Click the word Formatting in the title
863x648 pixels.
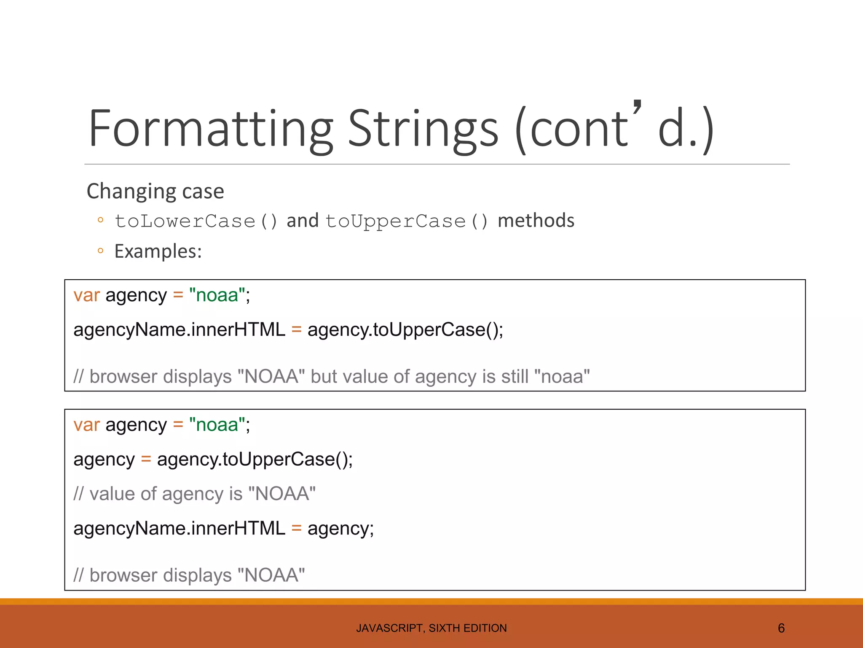point(211,129)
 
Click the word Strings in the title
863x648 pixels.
point(423,129)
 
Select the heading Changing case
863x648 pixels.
point(155,191)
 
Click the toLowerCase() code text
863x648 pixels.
point(196,221)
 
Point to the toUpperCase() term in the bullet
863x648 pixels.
point(407,221)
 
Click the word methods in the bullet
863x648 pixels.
point(536,221)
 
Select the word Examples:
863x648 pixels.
point(158,251)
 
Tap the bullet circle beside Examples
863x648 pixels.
point(100,251)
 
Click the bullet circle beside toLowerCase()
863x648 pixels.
point(100,220)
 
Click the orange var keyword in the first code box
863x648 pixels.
point(86,295)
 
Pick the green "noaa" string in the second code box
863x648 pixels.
point(217,425)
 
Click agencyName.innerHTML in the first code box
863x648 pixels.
point(179,329)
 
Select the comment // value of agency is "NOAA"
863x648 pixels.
point(194,494)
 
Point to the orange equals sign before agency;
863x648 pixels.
point(297,528)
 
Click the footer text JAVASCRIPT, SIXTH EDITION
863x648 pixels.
point(431,628)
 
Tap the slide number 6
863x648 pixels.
point(781,629)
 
